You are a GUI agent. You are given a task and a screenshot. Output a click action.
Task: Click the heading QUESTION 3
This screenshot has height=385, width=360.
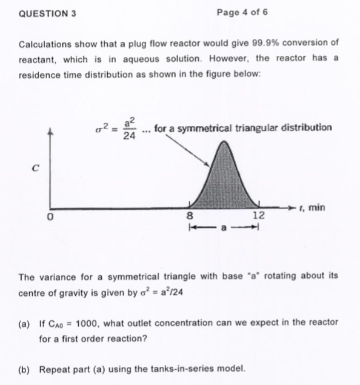coord(47,13)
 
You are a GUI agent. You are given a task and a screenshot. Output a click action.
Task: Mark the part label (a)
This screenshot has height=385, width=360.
coord(26,322)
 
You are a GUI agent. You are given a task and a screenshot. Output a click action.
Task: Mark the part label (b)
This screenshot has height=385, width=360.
coord(26,368)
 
